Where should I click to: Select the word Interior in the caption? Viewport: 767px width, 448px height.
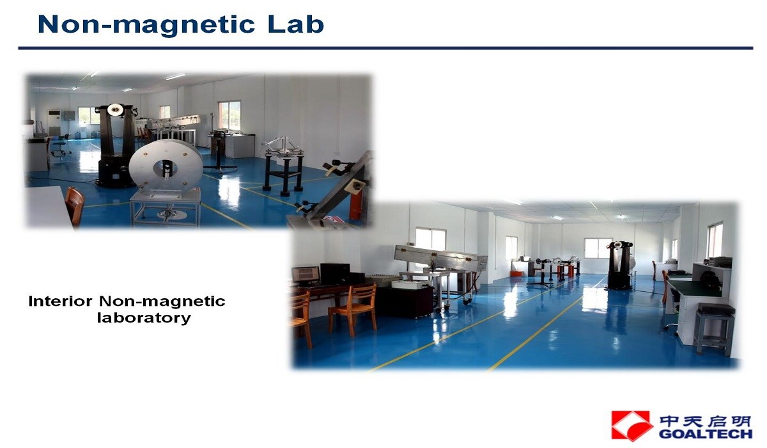click(60, 301)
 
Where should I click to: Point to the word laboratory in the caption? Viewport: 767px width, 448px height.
click(144, 317)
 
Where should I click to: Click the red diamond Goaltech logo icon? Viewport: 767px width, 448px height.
click(631, 426)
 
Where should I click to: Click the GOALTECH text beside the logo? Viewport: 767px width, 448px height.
click(706, 434)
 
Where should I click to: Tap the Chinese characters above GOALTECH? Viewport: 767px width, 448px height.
click(706, 421)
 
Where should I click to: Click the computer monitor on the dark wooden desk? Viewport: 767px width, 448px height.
click(306, 275)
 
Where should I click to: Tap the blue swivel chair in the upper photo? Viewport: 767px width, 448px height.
click(60, 146)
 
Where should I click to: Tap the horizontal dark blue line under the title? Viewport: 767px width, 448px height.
click(385, 48)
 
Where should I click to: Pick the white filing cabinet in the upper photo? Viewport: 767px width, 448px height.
click(240, 146)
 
